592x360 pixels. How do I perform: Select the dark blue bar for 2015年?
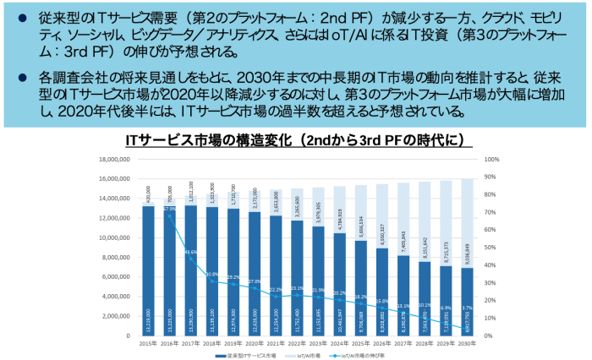click(148, 270)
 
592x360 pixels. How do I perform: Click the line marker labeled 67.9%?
click(169, 216)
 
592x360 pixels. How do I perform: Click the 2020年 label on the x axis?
click(254, 343)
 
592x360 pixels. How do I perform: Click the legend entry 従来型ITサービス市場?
click(253, 356)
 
